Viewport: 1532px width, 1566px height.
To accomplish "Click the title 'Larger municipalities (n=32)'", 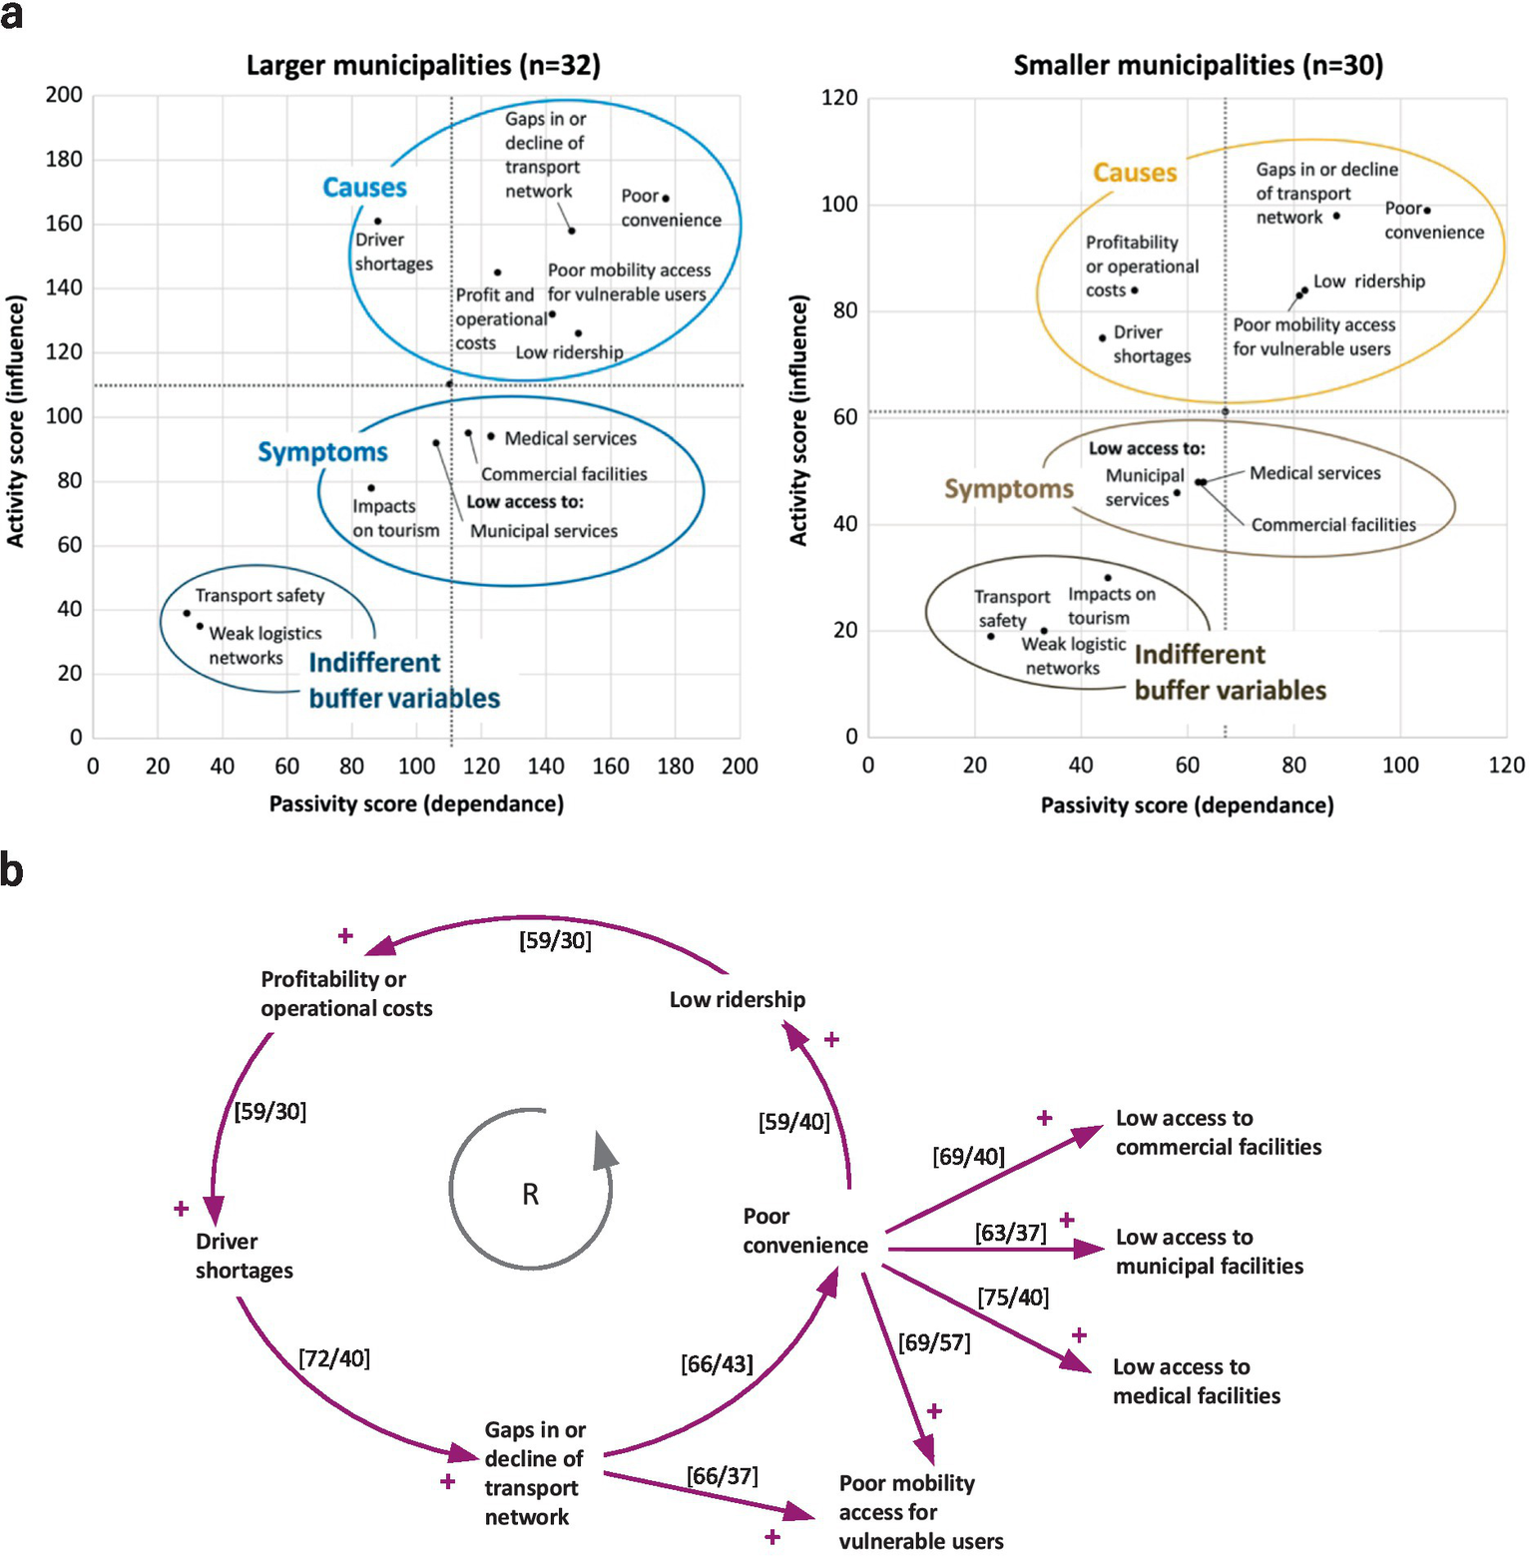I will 423,66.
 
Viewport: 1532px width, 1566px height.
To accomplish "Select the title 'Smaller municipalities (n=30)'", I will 1198,66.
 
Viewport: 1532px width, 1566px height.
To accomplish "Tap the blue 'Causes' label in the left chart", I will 364,188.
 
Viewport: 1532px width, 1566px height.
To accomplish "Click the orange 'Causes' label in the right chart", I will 1135,173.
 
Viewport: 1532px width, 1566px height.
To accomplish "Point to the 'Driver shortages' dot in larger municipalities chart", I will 378,222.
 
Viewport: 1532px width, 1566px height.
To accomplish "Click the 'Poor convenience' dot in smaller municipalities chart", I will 1427,211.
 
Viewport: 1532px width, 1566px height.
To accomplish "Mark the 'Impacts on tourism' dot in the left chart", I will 371,488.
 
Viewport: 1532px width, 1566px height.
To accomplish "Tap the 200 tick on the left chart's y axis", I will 64,95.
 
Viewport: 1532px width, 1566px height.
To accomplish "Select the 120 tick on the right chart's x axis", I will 1506,766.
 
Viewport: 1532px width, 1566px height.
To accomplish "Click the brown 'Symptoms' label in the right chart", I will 1009,489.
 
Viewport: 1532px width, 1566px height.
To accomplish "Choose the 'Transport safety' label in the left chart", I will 259,596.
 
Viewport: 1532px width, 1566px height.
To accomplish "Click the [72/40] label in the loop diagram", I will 334,1358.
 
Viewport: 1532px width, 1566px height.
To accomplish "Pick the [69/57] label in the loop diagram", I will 934,1342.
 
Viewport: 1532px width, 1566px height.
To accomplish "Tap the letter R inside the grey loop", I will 530,1195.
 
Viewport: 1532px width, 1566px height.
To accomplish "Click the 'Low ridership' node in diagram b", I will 737,1000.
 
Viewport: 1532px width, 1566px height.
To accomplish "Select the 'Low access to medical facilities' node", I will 1196,1381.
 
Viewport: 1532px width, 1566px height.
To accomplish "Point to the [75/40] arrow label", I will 1013,1298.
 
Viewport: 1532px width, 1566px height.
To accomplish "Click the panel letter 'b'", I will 12,870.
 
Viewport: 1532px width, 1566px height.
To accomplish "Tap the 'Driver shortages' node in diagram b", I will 244,1256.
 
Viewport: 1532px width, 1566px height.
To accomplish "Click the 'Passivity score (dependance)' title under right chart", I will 1187,805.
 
